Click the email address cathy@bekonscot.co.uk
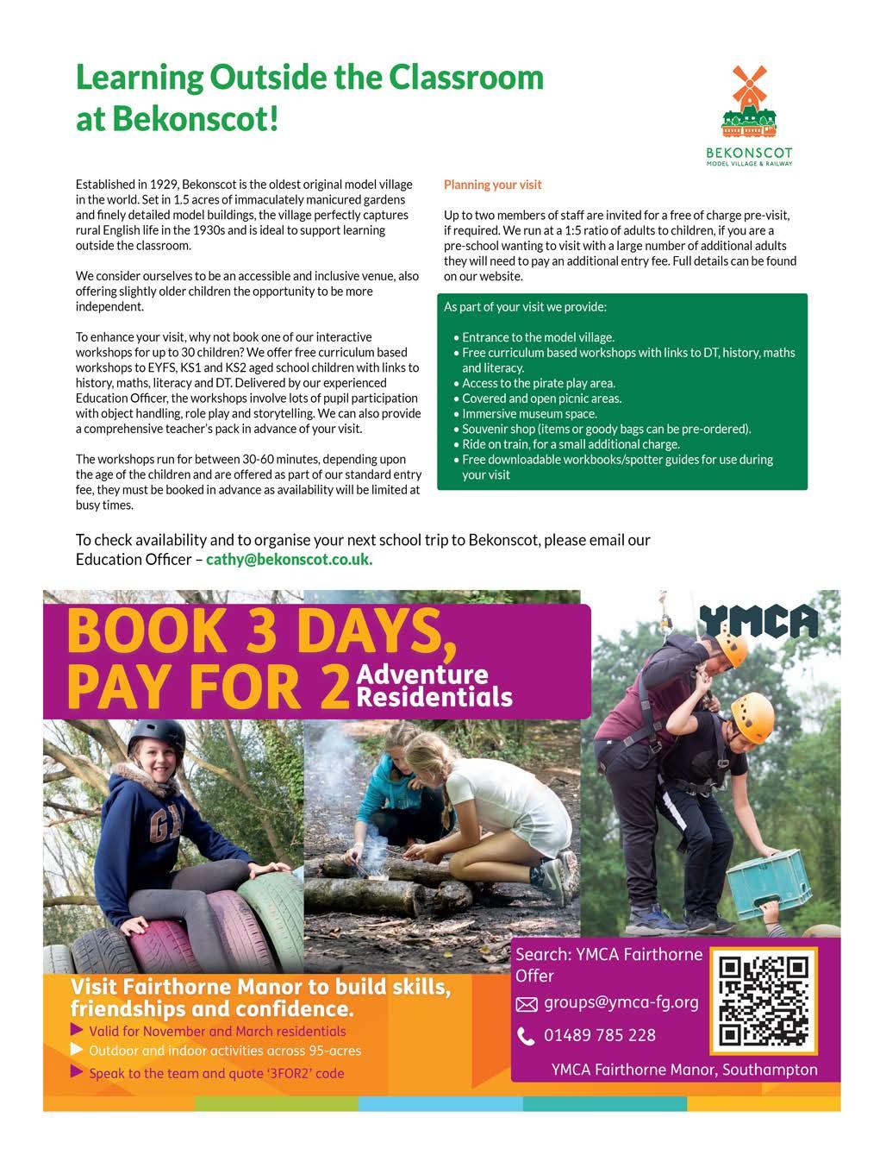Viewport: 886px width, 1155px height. (289, 559)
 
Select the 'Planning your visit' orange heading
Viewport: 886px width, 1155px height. (492, 185)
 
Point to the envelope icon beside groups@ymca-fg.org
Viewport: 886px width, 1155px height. (526, 1004)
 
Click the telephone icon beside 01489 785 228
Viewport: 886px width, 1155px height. (526, 1036)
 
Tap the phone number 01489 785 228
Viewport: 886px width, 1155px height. (600, 1035)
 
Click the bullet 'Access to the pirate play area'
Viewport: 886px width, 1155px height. (539, 383)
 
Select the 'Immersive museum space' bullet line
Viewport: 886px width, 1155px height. (529, 413)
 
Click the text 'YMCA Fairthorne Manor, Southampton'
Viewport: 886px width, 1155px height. (684, 1070)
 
